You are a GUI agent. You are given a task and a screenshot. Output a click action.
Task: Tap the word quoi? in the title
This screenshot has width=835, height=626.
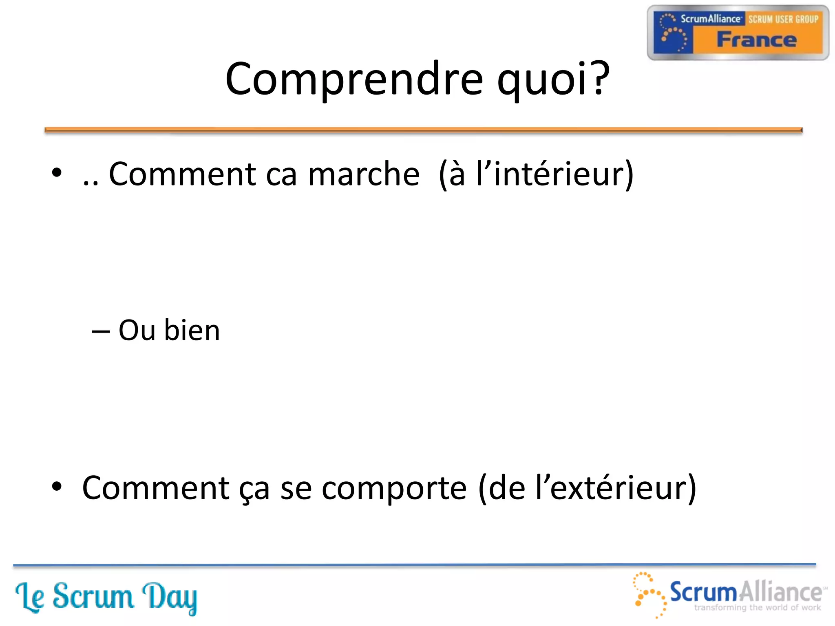click(x=553, y=79)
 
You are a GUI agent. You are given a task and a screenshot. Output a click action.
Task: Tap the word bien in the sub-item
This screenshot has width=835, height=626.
click(x=192, y=330)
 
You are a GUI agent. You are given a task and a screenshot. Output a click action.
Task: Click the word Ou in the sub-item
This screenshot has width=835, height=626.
click(x=137, y=330)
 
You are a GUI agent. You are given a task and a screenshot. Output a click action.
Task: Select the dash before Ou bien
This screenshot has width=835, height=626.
click(x=101, y=331)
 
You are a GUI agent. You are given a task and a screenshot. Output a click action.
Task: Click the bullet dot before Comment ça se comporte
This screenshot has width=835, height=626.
click(x=57, y=486)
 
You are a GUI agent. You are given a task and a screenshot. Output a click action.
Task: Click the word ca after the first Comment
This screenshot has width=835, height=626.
click(x=281, y=175)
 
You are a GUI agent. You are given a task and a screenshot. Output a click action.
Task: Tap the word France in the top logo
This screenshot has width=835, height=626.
click(x=756, y=40)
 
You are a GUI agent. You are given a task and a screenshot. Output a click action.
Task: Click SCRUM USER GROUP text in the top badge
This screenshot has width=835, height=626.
click(x=783, y=19)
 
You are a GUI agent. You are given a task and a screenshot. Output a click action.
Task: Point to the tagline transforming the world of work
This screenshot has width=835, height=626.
click(x=757, y=608)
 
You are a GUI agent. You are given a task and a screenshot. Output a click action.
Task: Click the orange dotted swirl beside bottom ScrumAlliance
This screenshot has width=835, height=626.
click(x=649, y=593)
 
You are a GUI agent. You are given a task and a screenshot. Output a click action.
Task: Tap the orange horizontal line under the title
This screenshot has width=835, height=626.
click(x=423, y=130)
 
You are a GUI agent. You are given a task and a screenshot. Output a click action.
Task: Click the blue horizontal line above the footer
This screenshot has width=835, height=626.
click(x=414, y=565)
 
